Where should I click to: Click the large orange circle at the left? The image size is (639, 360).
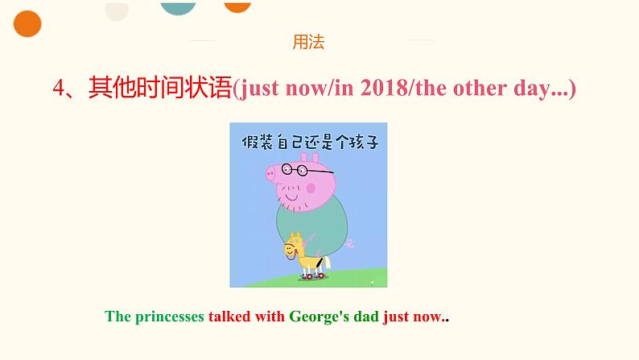(x=27, y=23)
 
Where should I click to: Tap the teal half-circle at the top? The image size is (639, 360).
(x=178, y=8)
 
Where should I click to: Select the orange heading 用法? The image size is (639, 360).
(x=308, y=42)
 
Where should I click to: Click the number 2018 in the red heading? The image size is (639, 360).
(x=384, y=88)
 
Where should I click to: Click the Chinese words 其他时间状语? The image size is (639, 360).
(x=160, y=87)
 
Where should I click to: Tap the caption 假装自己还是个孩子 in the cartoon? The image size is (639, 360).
(x=310, y=142)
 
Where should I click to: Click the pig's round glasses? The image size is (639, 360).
(x=295, y=169)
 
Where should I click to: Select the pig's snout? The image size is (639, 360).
(x=271, y=175)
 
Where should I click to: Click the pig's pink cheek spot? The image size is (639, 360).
(x=311, y=188)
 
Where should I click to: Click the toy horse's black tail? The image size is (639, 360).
(x=320, y=263)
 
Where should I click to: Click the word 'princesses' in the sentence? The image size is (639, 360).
(x=170, y=317)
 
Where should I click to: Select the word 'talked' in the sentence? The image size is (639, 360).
(x=229, y=317)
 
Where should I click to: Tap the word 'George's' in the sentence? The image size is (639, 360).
(x=319, y=317)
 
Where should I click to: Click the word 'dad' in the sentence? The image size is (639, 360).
(x=366, y=317)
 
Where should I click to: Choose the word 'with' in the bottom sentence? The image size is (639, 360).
(x=270, y=317)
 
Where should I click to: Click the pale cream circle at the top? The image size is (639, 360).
(x=117, y=10)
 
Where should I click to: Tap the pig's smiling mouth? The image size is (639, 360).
(x=292, y=198)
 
